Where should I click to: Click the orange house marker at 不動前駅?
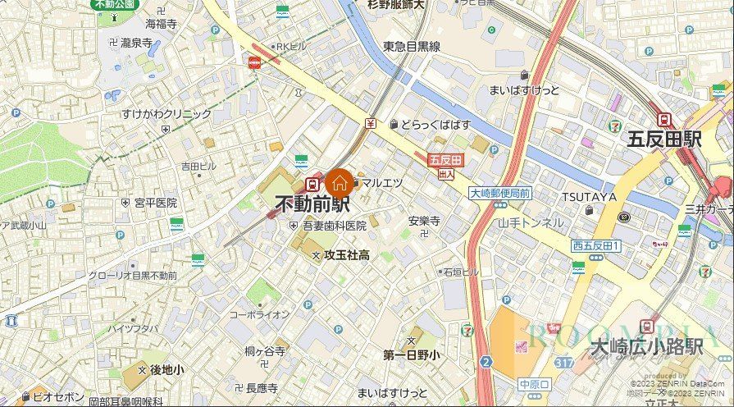340,181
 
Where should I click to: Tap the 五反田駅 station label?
664,139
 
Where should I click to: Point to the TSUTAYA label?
589,197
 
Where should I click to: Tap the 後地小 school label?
166,370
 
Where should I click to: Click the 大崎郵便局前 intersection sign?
499,193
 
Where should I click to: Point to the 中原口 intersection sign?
533,384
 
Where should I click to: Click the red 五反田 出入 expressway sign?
446,165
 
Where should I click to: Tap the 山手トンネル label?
531,222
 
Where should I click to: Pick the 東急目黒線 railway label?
411,47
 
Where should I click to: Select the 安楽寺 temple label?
424,221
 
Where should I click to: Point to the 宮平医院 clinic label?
156,202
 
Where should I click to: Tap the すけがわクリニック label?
166,114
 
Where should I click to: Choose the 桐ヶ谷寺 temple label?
264,351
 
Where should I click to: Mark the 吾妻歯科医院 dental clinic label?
334,226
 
